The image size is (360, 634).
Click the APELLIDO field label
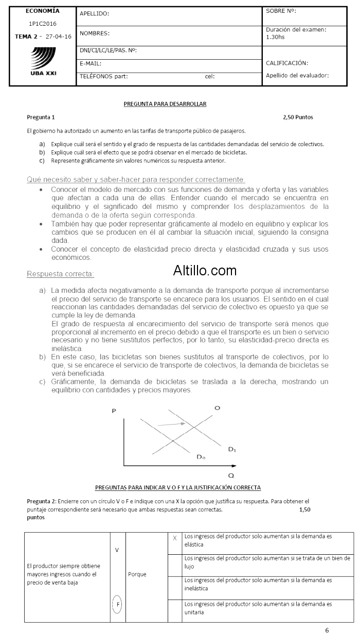(x=95, y=14)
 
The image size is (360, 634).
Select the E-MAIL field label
(x=91, y=63)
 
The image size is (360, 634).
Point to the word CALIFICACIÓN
(x=287, y=63)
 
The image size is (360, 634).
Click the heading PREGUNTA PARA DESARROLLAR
(x=165, y=104)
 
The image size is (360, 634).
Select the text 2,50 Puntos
(x=298, y=117)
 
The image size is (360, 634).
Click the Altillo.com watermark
(x=205, y=270)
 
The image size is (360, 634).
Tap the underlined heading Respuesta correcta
(x=60, y=274)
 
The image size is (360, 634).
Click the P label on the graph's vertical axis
(x=113, y=411)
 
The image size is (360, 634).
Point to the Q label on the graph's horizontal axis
(x=231, y=475)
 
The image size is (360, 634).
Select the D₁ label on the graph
(x=232, y=449)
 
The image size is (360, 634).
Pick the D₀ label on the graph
(x=201, y=456)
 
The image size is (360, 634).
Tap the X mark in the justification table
(x=175, y=538)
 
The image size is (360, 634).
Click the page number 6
(x=327, y=629)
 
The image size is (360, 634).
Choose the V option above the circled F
(x=117, y=550)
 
